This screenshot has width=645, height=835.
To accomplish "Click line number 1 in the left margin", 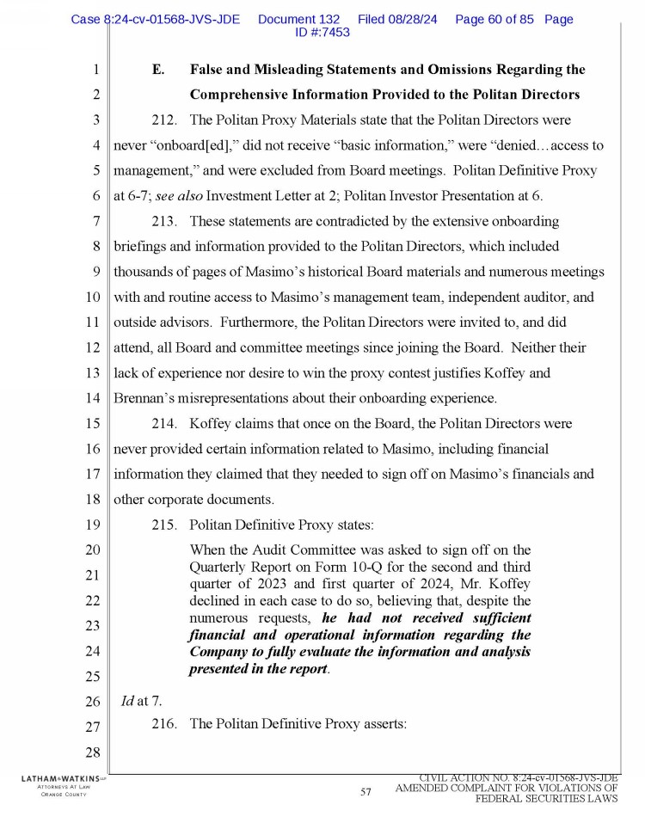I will [x=96, y=70].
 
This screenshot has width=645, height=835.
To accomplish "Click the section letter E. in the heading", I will [x=158, y=70].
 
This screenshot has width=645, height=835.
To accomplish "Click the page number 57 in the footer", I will [x=365, y=792].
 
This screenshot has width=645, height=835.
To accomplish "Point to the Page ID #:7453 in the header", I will [x=322, y=32].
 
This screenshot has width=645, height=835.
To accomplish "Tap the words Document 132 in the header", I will [x=298, y=19].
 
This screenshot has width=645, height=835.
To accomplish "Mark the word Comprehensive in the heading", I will [x=245, y=95].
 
